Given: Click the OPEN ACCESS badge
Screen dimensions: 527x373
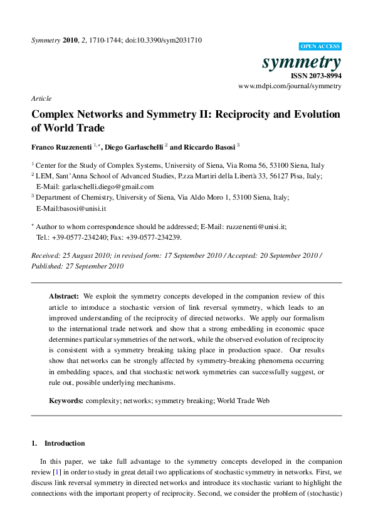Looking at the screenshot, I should point(320,46).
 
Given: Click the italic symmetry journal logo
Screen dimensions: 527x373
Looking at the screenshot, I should point(302,62).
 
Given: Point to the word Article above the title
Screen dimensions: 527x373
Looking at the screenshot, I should point(41,98).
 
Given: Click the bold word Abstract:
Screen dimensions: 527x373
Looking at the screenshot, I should point(64,296).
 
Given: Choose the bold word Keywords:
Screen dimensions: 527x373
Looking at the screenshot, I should point(66,399).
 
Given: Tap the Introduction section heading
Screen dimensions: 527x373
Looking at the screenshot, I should point(65,443).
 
